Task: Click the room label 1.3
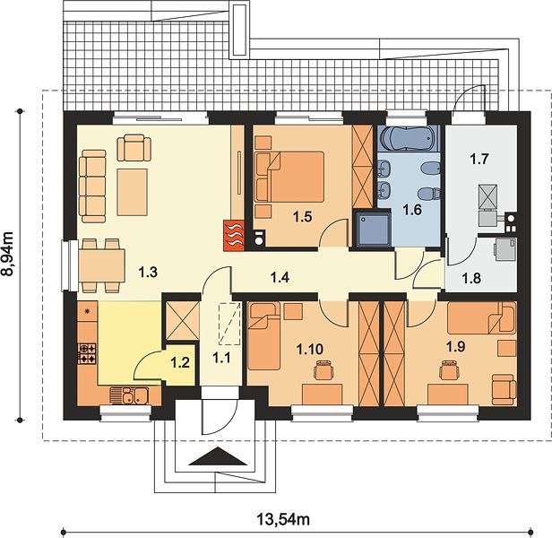pyautogui.click(x=148, y=272)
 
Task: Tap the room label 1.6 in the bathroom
pyautogui.click(x=412, y=210)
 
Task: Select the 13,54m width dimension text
pyautogui.click(x=283, y=519)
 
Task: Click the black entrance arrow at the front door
pyautogui.click(x=219, y=456)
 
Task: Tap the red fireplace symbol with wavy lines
pyautogui.click(x=233, y=235)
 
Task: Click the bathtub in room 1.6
pyautogui.click(x=408, y=138)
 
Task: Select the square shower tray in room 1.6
pyautogui.click(x=374, y=229)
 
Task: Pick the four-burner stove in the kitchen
pyautogui.click(x=87, y=353)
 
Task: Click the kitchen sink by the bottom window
pyautogui.click(x=130, y=395)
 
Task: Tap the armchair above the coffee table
pyautogui.click(x=134, y=148)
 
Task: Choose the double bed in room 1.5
pyautogui.click(x=289, y=177)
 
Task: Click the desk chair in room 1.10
pyautogui.click(x=323, y=370)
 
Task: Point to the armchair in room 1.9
pyautogui.click(x=504, y=389)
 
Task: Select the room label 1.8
pyautogui.click(x=471, y=278)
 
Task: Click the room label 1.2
pyautogui.click(x=180, y=362)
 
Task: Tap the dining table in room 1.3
pyautogui.click(x=102, y=265)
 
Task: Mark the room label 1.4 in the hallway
pyautogui.click(x=280, y=277)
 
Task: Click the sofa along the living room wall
pyautogui.click(x=92, y=187)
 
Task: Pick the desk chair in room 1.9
pyautogui.click(x=449, y=370)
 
